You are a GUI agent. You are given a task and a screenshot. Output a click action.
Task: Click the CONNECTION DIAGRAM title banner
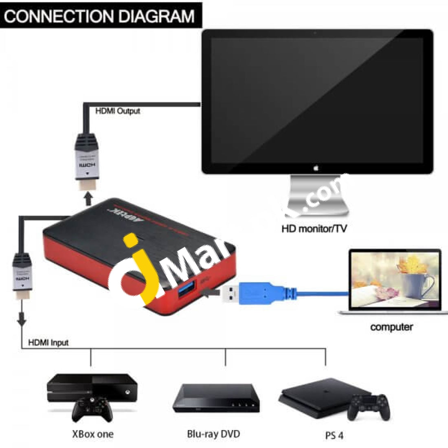[100, 16]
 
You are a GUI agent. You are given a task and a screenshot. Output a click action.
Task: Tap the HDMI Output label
[118, 111]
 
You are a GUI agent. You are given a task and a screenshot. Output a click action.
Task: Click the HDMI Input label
[48, 343]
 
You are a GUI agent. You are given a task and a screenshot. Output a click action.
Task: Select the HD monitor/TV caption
[314, 228]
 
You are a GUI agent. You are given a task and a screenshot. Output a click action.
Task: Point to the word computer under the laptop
[391, 327]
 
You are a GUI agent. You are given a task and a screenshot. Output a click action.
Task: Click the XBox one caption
[93, 434]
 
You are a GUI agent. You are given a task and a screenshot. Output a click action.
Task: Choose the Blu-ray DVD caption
[213, 434]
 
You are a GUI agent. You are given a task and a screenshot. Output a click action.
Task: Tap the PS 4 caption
[334, 435]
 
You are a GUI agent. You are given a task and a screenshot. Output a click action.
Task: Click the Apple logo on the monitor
[316, 167]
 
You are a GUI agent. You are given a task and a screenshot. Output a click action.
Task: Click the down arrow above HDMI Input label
[21, 319]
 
